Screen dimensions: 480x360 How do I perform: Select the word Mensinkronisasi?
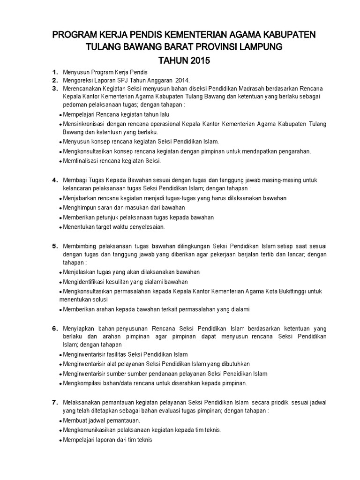tap(84, 124)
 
